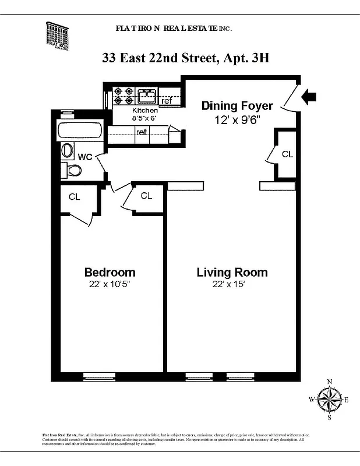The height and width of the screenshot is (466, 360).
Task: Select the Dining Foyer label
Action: [x=237, y=105]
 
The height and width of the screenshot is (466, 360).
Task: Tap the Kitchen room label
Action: [x=144, y=111]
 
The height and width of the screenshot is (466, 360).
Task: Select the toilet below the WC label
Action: [x=73, y=170]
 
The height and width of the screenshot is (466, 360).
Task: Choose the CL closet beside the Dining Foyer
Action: [x=287, y=154]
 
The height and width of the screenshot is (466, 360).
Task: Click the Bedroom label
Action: [x=110, y=272]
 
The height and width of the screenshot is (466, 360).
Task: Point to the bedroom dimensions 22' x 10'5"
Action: [x=110, y=284]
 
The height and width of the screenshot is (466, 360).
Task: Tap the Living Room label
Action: [x=232, y=272]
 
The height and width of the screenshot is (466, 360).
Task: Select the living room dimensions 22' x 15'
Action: [x=232, y=284]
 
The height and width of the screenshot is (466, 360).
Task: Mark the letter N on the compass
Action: [x=330, y=382]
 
